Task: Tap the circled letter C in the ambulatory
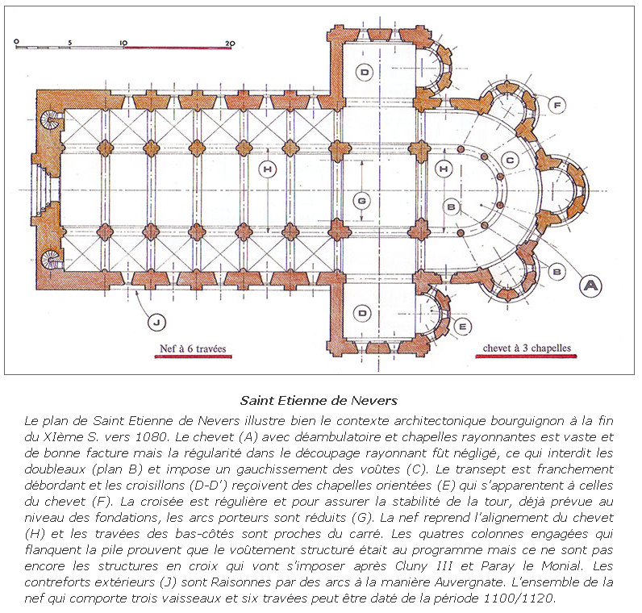click(509, 159)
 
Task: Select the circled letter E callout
click(462, 326)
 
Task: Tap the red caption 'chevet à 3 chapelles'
click(527, 349)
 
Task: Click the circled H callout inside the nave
click(268, 169)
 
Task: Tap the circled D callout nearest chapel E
click(364, 311)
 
